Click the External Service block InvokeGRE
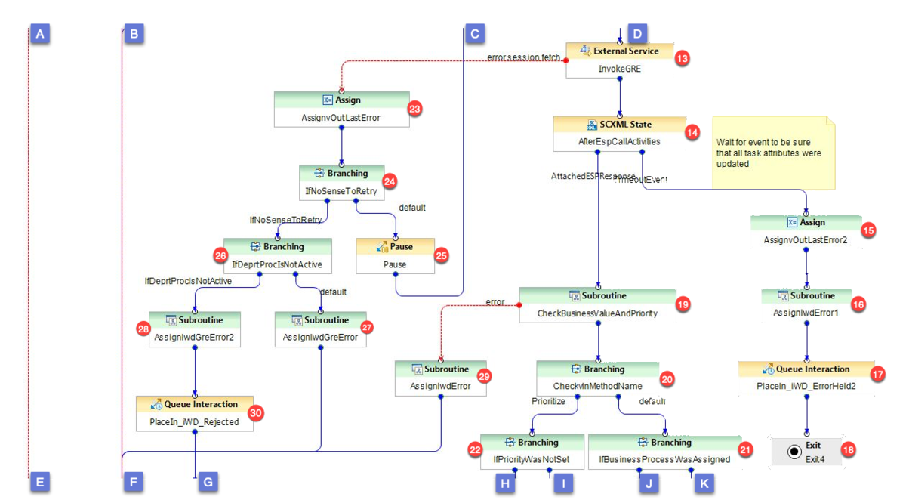coord(619,60)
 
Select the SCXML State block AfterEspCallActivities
coord(619,132)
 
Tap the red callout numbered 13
coord(683,58)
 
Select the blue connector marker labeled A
coord(40,33)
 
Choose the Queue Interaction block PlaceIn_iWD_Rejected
coord(195,413)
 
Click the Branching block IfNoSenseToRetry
coord(341,182)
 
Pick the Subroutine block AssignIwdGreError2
coord(196,329)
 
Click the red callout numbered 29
coord(485,375)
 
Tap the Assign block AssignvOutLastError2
coord(806,231)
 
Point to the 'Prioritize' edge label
coord(548,401)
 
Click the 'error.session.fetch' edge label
coord(523,57)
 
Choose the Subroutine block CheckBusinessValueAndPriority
coord(597,304)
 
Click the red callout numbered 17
coord(877,374)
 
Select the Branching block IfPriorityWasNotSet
coord(532,451)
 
